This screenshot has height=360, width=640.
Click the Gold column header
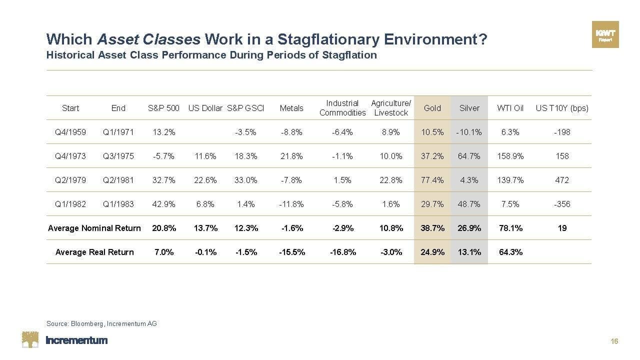432,108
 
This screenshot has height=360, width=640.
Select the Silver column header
469,108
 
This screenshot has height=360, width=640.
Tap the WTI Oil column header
510,108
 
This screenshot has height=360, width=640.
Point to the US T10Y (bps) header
562,108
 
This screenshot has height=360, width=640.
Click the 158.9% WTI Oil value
510,156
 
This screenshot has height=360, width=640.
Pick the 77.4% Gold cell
432,180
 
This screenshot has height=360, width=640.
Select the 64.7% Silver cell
469,156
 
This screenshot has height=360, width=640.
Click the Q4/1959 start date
70,132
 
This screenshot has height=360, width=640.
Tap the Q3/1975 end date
118,156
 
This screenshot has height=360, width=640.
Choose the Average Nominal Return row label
94,228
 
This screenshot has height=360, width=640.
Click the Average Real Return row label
94,252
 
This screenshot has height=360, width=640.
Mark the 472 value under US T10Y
562,180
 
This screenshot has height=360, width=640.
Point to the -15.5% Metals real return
292,252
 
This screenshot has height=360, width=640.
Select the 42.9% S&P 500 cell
164,204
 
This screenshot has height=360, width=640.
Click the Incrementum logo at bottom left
65,340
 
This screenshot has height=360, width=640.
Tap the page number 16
614,341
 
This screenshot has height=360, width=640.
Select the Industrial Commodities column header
342,108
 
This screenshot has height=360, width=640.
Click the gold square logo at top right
605,34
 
